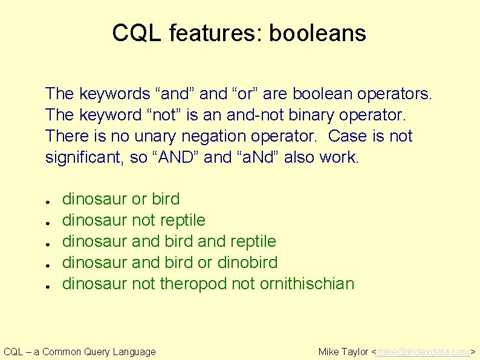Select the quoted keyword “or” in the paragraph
click(244, 94)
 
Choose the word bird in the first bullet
click(166, 199)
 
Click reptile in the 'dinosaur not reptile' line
click(183, 220)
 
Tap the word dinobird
click(247, 262)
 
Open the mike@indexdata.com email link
click(423, 352)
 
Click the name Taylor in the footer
click(355, 352)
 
